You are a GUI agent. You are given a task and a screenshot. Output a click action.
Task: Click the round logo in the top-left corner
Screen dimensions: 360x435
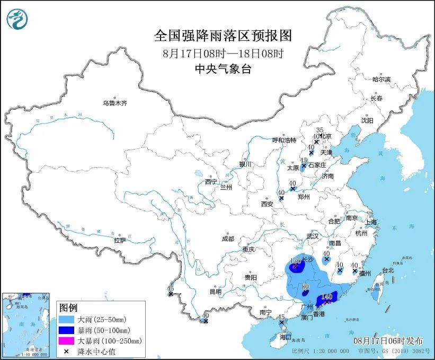click(x=17, y=20)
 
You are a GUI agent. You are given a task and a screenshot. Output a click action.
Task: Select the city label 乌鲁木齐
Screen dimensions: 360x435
click(x=115, y=103)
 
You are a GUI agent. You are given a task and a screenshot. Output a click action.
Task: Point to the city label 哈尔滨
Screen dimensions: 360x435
click(x=380, y=79)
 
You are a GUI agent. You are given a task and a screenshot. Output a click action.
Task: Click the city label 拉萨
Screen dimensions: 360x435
click(x=120, y=240)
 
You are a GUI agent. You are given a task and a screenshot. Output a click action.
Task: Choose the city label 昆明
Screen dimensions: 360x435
click(x=215, y=291)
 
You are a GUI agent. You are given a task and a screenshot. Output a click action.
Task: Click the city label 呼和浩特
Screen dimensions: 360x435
click(x=284, y=140)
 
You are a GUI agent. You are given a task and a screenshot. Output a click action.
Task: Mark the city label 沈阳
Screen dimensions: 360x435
click(x=367, y=120)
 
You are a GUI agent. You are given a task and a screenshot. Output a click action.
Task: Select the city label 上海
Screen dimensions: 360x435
click(x=369, y=222)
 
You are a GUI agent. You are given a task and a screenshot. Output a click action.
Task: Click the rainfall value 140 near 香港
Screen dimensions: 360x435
click(x=326, y=296)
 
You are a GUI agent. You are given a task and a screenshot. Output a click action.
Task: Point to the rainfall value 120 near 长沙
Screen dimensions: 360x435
click(x=296, y=261)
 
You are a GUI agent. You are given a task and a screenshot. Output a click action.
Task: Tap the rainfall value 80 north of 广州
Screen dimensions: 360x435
click(x=305, y=287)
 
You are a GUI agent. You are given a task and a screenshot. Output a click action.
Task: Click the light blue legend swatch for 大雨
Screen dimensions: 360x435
click(x=67, y=320)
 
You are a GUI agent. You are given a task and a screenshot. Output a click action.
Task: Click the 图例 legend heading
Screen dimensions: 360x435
click(x=69, y=308)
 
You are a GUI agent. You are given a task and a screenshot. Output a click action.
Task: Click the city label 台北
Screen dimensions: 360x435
click(x=388, y=270)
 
